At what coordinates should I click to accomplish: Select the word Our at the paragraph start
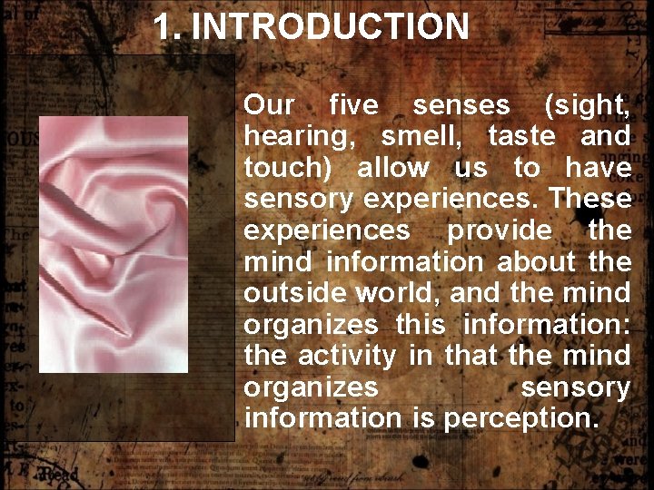(x=270, y=105)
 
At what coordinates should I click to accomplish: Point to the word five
(x=353, y=105)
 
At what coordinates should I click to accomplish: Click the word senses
(x=461, y=105)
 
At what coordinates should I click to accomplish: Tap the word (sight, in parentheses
(x=587, y=106)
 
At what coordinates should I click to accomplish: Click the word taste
(x=521, y=137)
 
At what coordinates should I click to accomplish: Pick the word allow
(x=393, y=168)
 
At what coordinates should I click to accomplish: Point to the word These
(x=590, y=199)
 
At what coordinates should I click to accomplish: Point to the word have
(x=598, y=168)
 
